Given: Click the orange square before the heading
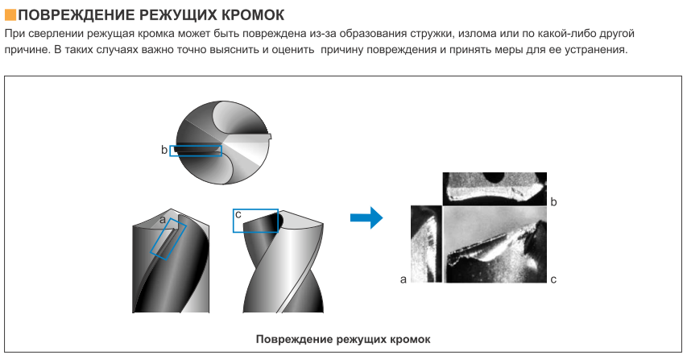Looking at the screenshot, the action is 10,14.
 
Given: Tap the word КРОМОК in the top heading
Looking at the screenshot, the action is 253,15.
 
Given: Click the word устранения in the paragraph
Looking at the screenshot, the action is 598,50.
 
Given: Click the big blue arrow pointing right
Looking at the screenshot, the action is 366,217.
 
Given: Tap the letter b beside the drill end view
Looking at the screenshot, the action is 164,150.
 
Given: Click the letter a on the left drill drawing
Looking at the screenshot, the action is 163,220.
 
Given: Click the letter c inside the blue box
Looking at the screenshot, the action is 238,214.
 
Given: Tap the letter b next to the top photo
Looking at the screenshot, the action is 553,202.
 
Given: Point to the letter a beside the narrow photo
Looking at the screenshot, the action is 404,279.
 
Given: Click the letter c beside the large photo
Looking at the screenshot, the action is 553,279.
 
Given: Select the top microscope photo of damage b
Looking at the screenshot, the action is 495,188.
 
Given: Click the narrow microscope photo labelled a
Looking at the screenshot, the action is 426,244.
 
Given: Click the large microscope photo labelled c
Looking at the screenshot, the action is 495,244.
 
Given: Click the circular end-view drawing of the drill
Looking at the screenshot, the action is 223,143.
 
